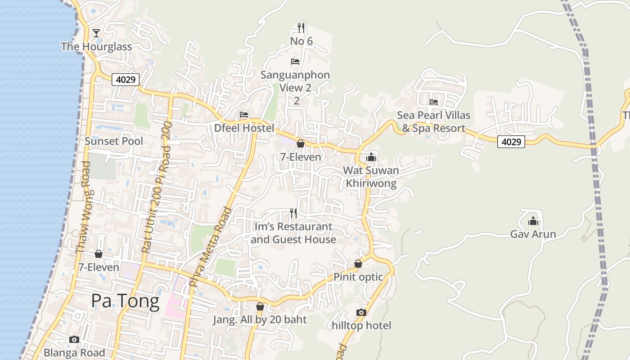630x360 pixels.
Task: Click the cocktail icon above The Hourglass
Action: coord(96,33)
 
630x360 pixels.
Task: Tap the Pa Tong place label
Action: coord(125,301)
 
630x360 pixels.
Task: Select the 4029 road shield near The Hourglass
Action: coord(126,80)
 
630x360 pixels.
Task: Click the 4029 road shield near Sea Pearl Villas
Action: coord(512,142)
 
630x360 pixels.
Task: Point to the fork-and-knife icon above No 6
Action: coord(301,28)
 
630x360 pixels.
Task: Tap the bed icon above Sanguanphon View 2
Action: coord(295,61)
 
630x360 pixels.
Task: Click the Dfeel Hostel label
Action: coord(244,128)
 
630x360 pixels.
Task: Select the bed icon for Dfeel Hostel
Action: coord(244,115)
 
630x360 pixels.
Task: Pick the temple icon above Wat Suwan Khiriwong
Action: coord(371,157)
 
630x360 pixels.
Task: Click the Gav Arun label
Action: coord(533,234)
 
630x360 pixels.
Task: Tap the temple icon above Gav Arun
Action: coord(533,221)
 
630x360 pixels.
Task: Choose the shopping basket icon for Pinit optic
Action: coord(358,264)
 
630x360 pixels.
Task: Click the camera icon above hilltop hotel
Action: coord(361,312)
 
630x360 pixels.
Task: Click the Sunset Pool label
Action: coord(114,141)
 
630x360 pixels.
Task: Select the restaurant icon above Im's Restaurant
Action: coord(293,213)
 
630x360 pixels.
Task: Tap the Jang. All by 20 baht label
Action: coord(260,320)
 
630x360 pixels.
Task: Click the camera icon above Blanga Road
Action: coord(74,339)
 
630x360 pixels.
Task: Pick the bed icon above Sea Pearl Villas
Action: coord(434,102)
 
